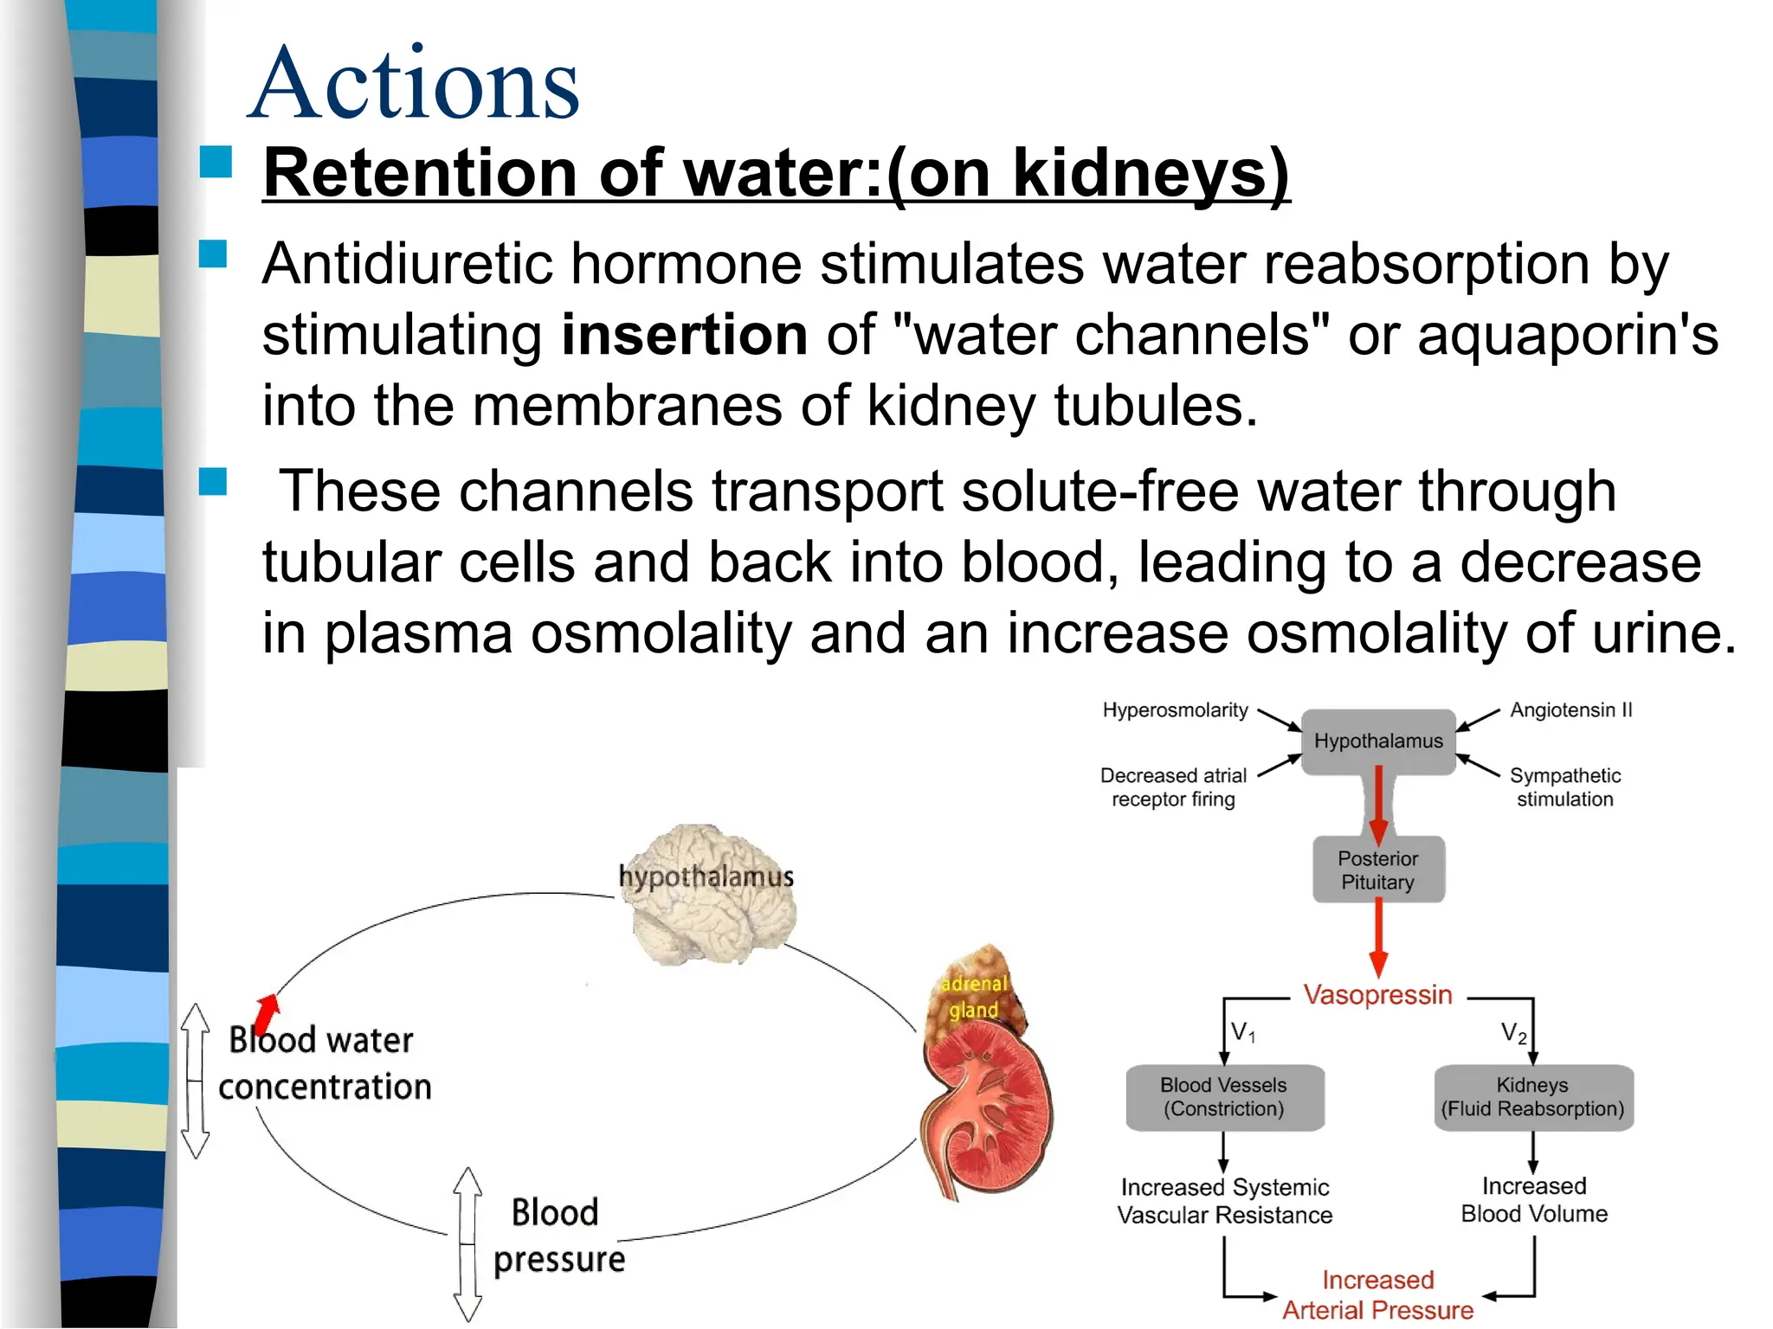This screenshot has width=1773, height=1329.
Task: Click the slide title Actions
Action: pos(414,84)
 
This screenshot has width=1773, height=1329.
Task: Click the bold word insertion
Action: pos(684,335)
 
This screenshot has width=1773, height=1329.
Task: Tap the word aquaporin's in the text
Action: pos(1567,335)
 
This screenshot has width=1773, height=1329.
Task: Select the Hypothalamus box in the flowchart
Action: pos(1378,742)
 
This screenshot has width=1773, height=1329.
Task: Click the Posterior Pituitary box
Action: pos(1378,870)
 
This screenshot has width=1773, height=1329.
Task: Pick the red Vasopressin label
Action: pos(1378,995)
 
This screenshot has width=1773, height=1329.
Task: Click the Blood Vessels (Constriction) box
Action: pos(1224,1097)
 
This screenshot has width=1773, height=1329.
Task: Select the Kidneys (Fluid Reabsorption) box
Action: pos(1533,1097)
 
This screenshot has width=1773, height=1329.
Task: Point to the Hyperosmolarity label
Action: pos(1175,710)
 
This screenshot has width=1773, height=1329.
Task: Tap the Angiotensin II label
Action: pos(1571,710)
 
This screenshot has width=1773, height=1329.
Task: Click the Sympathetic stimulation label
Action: pos(1565,787)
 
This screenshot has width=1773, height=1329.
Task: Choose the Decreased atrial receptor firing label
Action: pos(1173,787)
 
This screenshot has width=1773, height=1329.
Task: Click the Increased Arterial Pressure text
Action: pos(1378,1294)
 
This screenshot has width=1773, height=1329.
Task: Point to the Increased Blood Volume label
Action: pos(1534,1200)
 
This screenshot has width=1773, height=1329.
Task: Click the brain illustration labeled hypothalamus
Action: pos(710,896)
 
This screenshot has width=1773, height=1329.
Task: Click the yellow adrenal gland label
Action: pos(974,997)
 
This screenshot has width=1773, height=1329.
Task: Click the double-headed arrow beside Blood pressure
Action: pos(467,1244)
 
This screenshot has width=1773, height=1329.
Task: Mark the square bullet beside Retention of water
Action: pos(216,162)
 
